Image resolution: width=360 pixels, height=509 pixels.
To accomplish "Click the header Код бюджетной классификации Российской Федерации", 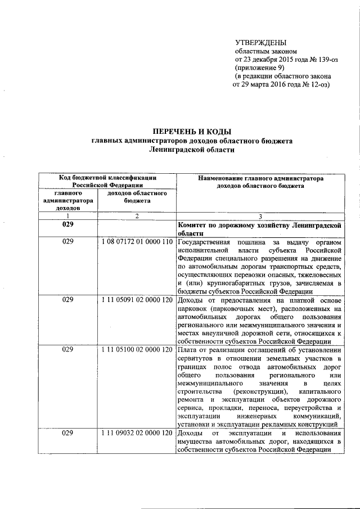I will tap(107, 181).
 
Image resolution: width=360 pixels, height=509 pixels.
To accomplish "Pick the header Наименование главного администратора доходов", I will tap(260, 181).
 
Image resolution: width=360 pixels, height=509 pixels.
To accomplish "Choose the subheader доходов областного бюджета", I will tap(137, 196).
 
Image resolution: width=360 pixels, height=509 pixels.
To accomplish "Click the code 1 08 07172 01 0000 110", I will tap(137, 241).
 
